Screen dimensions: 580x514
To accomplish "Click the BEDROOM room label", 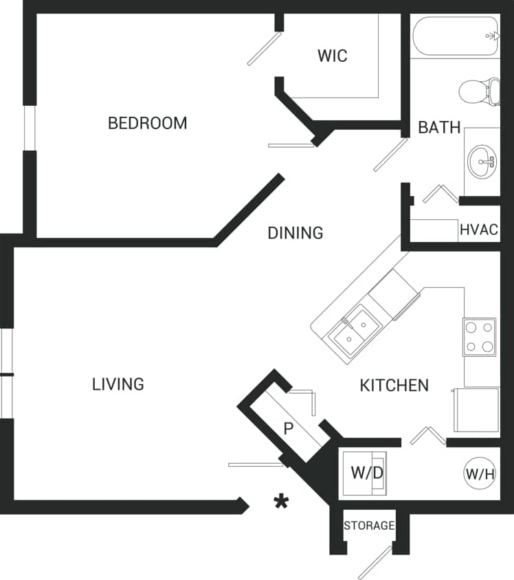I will tap(147, 123).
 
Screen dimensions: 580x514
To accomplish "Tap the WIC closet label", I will tap(332, 56).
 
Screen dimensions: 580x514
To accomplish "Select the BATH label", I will tap(439, 127).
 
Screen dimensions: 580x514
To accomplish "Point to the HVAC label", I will tap(478, 230).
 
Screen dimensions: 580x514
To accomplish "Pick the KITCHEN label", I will tap(394, 386).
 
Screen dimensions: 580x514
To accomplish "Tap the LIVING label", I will tap(118, 383).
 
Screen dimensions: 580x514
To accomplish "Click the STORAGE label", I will tap(369, 526).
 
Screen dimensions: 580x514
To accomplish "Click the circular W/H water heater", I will tap(480, 473).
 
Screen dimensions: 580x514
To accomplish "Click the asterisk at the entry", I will tap(280, 502).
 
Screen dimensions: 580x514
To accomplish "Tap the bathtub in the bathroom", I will tap(454, 37).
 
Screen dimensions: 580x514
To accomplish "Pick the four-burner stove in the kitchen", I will tap(479, 337).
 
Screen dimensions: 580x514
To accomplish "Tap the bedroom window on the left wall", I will tap(29, 128).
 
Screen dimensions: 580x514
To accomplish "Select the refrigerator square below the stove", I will tap(476, 410).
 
